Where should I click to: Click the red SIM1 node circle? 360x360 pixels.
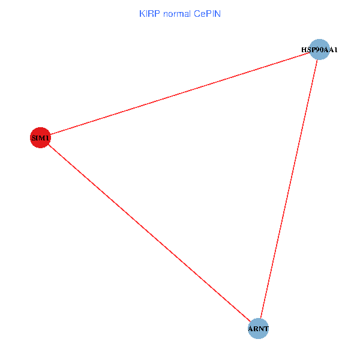[40, 138]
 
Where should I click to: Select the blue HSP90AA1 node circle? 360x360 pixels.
[319, 49]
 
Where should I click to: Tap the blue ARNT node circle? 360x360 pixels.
[258, 328]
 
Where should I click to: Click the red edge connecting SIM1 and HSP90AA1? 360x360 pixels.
[180, 94]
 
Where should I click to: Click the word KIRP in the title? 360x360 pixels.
[149, 13]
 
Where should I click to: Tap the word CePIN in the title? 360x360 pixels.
[208, 13]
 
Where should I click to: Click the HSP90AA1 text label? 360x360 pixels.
[319, 49]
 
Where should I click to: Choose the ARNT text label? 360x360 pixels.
[258, 329]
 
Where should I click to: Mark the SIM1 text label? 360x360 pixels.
[40, 139]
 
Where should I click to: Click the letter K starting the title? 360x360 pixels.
[142, 13]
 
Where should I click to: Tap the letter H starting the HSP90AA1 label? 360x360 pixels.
[304, 49]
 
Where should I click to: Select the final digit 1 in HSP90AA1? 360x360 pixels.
[335, 49]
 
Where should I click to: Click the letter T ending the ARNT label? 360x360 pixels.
[266, 329]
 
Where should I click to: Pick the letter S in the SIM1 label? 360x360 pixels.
[34, 139]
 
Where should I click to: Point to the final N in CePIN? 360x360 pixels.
[218, 13]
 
